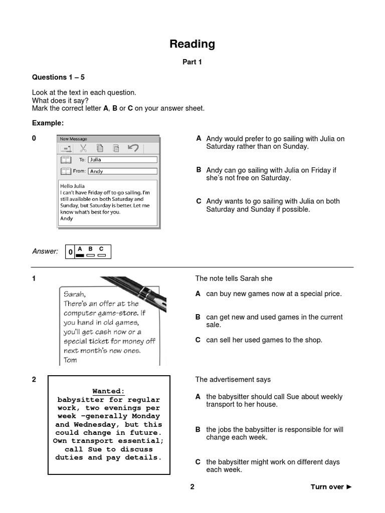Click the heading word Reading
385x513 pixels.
(x=192, y=44)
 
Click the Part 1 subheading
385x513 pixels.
(x=192, y=62)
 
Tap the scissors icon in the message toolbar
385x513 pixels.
(x=83, y=148)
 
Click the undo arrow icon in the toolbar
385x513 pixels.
(x=133, y=148)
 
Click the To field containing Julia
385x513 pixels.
(x=122, y=160)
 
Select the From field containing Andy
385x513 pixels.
(x=122, y=171)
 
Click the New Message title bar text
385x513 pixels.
(x=73, y=139)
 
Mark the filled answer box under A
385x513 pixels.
(x=80, y=255)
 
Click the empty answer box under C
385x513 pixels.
(x=102, y=255)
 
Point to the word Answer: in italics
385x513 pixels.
(x=45, y=251)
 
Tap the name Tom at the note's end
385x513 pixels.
(x=70, y=360)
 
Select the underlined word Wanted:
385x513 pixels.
(x=108, y=391)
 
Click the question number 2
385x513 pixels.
(x=34, y=379)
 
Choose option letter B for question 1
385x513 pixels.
(x=198, y=317)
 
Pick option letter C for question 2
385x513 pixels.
(x=198, y=462)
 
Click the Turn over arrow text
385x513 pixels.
(x=331, y=486)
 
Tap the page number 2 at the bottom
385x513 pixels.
(x=192, y=486)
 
